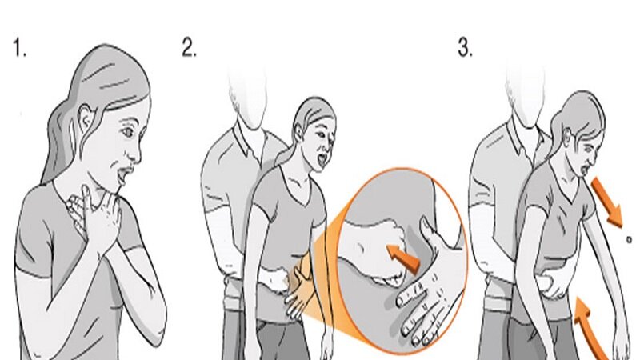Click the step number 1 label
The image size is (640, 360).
pyautogui.click(x=19, y=47)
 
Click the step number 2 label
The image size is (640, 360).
pyautogui.click(x=189, y=47)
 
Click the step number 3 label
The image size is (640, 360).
pyautogui.click(x=466, y=47)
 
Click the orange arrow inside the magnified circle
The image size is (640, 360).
pyautogui.click(x=403, y=257)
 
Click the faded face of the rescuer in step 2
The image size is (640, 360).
pyautogui.click(x=248, y=98)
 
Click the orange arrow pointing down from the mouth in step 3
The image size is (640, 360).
pyautogui.click(x=607, y=202)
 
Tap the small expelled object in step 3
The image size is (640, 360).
pyautogui.click(x=629, y=239)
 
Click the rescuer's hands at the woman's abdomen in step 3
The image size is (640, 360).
pyautogui.click(x=551, y=285)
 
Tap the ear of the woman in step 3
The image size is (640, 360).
pyautogui.click(x=567, y=134)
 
